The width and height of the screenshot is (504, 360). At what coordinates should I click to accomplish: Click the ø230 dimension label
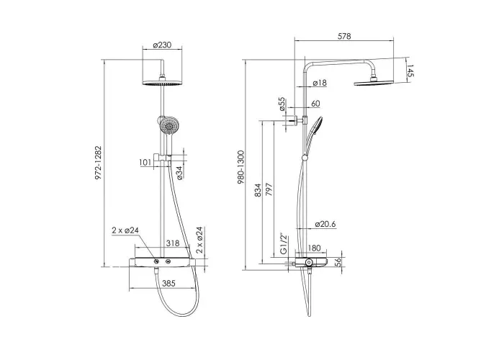(x=162, y=45)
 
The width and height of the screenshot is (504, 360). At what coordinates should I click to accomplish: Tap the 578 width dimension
(x=344, y=36)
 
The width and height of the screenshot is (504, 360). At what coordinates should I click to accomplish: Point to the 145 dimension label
(x=410, y=71)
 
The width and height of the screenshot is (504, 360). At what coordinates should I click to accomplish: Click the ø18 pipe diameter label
(x=320, y=83)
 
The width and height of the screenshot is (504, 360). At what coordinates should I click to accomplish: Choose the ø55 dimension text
(x=282, y=104)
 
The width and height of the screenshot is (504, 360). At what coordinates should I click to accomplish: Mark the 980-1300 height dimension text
(x=241, y=168)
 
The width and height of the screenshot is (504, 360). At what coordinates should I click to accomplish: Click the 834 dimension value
(x=258, y=190)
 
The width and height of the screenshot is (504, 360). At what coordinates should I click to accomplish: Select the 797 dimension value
(x=269, y=189)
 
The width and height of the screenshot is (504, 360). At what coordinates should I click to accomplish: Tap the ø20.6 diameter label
(x=325, y=224)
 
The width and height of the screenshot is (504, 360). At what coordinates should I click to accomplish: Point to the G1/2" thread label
(x=283, y=244)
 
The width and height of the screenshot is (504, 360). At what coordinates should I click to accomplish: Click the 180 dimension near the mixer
(x=314, y=248)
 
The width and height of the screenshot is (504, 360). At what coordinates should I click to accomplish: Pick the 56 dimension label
(x=338, y=262)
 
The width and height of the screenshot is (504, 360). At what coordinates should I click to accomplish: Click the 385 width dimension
(x=168, y=283)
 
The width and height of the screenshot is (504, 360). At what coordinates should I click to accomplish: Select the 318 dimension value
(x=173, y=243)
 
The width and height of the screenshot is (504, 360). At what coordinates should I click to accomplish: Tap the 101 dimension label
(x=145, y=162)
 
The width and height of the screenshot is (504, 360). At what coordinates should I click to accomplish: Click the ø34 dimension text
(x=179, y=173)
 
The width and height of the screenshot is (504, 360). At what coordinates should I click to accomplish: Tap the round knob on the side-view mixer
(x=309, y=262)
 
